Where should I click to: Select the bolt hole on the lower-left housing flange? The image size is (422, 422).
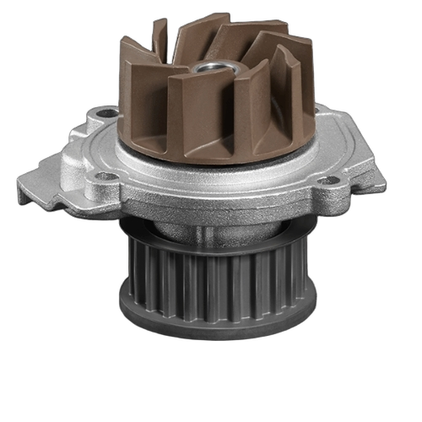pyautogui.click(x=105, y=177)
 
